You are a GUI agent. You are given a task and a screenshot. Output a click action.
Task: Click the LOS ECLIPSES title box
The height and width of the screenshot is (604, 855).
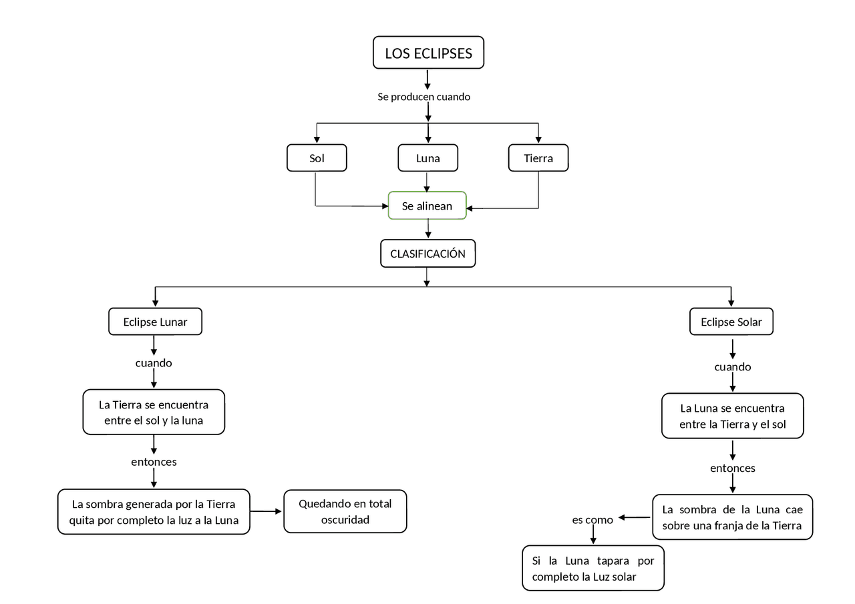click(428, 53)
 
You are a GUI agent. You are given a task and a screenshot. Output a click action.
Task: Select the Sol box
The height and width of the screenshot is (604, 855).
click(317, 158)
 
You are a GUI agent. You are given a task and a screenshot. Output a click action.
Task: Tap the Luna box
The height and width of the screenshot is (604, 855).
click(428, 158)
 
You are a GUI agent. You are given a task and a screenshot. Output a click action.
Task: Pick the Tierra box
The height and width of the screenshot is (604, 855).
click(538, 158)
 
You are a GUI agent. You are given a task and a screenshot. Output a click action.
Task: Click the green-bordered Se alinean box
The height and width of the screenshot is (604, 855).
click(427, 206)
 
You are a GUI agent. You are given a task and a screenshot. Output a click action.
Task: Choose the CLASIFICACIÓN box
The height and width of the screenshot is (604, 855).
click(427, 254)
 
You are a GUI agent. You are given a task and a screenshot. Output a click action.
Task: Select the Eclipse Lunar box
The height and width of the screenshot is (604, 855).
click(155, 322)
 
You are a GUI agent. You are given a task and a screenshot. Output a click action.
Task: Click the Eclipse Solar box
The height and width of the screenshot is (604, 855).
click(731, 322)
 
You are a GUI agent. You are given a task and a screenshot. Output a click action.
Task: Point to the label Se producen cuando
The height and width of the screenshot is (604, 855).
click(423, 97)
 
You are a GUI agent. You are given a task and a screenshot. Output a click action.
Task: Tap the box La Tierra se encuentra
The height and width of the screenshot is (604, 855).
click(154, 412)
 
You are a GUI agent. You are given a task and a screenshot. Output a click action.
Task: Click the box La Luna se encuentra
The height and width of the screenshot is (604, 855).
click(733, 416)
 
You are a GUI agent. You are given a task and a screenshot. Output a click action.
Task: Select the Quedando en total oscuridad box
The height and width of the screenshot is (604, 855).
click(345, 512)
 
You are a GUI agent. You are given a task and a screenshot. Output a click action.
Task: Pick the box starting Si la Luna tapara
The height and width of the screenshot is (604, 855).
click(593, 568)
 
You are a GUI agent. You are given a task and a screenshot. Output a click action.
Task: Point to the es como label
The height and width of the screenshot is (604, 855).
click(592, 520)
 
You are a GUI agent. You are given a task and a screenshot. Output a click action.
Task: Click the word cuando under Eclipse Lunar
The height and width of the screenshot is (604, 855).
click(154, 363)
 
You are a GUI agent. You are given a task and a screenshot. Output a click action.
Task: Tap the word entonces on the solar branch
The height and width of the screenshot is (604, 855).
click(733, 468)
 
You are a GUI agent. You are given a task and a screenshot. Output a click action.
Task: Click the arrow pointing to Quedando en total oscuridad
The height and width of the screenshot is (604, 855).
click(266, 512)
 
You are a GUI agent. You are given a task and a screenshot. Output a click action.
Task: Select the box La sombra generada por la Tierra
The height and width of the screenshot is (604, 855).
click(154, 512)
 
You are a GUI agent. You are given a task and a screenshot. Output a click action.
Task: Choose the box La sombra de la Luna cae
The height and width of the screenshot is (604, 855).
click(733, 517)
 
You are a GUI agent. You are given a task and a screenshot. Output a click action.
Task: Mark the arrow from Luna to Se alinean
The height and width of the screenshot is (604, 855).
click(427, 182)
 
